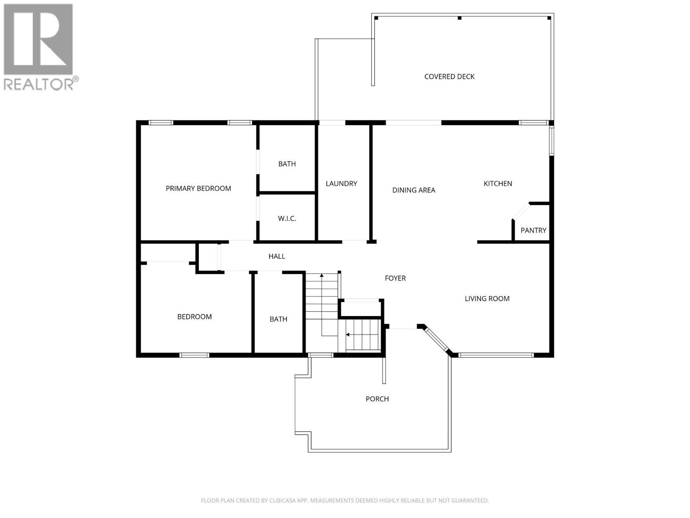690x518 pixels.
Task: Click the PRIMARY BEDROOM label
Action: coord(198,188)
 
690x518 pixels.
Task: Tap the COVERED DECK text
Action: coord(449,76)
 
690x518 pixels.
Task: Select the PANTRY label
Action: coord(533,230)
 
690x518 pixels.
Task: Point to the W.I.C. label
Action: coord(287,218)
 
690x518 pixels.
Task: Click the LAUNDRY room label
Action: coord(341,183)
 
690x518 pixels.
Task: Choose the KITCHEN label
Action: coord(498,183)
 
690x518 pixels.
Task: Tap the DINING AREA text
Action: coord(414,190)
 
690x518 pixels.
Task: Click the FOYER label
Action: coord(395,278)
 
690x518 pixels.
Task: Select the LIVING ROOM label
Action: coord(487,298)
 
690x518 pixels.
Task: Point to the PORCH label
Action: coord(377,399)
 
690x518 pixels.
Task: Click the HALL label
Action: coord(276,256)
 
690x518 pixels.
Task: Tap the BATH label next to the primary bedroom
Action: coord(287,164)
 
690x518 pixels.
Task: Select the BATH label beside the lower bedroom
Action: coord(278,319)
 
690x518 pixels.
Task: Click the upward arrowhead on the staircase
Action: coord(321,275)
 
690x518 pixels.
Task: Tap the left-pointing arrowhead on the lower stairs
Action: coord(347,335)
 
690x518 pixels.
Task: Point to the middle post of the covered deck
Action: coord(459,18)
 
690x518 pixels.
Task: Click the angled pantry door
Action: coord(521,212)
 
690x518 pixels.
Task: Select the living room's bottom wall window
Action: coord(496,355)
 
